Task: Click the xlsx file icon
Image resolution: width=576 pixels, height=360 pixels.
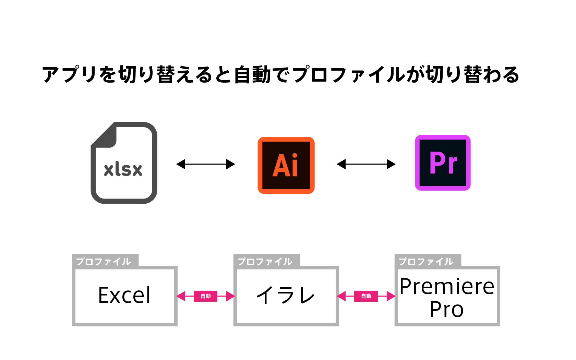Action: [124, 163]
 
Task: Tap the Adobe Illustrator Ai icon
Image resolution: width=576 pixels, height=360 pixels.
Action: [286, 165]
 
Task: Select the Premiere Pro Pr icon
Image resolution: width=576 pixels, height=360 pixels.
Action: [443, 163]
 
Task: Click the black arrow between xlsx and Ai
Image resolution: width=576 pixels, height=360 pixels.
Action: [206, 164]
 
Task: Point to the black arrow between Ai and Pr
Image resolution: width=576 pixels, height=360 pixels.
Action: [366, 164]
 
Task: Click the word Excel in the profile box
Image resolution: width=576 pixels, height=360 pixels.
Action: [124, 295]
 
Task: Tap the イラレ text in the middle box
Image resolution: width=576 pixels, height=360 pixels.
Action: [286, 295]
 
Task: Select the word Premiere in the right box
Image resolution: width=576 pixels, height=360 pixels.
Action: [447, 286]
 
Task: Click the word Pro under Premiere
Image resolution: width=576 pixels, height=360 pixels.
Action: [446, 309]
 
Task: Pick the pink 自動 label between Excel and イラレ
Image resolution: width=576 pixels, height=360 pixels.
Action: [206, 296]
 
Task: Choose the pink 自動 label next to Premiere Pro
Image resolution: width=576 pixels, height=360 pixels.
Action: [366, 296]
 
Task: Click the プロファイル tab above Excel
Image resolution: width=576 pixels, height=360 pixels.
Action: [104, 262]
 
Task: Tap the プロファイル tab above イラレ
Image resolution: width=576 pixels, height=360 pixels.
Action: [265, 262]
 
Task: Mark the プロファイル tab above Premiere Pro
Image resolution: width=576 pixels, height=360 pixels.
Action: [426, 262]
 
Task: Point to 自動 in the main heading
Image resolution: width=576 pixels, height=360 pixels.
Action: [252, 75]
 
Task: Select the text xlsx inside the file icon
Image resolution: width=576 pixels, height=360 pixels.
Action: [123, 169]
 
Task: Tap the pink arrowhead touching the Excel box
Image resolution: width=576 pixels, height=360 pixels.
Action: [181, 296]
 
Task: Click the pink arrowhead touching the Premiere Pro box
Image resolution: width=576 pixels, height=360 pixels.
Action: [391, 296]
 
